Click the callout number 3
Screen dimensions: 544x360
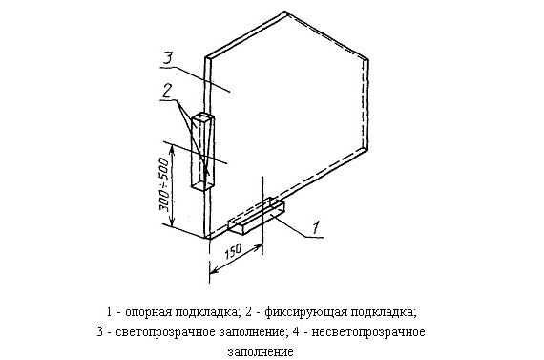[x=167, y=58]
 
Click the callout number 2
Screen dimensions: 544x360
[x=167, y=91]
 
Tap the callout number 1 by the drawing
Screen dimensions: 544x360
[x=316, y=227]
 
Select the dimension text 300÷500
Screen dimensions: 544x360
[x=164, y=184]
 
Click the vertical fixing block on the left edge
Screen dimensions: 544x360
[x=202, y=152]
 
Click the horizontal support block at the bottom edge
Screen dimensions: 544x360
[x=257, y=216]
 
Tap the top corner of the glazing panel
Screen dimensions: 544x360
[x=286, y=13]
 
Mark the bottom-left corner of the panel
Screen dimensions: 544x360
[x=207, y=238]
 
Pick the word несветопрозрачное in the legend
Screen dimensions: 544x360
[x=368, y=332]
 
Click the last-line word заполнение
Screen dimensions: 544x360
[x=261, y=352]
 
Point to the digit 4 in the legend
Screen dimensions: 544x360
[x=296, y=332]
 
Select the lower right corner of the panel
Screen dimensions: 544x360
[x=366, y=149]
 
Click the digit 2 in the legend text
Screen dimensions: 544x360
[x=249, y=311]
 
